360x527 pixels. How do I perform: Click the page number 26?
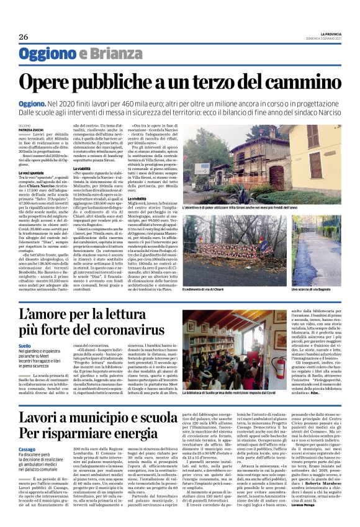(x=24, y=37)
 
